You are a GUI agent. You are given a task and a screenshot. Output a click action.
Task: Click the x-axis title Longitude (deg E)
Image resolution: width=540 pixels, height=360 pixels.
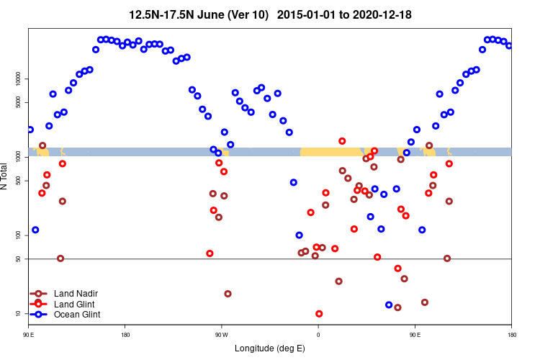(x=270, y=348)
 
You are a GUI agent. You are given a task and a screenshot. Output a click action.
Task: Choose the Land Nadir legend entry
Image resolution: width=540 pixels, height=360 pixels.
(x=76, y=294)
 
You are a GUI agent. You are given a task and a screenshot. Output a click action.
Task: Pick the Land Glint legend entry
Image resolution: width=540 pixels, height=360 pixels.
(x=74, y=304)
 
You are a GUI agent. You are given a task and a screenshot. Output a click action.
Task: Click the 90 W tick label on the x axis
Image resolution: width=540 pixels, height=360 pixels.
(x=221, y=335)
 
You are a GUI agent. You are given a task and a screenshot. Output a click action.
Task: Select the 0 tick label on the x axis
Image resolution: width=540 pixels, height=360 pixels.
(x=318, y=335)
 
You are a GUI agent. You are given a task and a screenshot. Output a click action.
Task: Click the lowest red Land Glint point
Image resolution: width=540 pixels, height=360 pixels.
(x=319, y=314)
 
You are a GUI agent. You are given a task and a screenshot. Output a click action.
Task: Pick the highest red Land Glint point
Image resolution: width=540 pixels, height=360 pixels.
(x=342, y=141)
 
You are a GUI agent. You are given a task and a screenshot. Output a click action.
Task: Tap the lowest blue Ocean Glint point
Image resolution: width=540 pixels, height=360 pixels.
(x=389, y=305)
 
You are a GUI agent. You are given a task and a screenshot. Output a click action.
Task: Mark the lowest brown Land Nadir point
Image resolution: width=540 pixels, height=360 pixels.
(x=397, y=307)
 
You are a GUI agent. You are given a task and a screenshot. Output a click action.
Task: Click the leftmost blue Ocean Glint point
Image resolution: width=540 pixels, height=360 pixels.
(x=30, y=130)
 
